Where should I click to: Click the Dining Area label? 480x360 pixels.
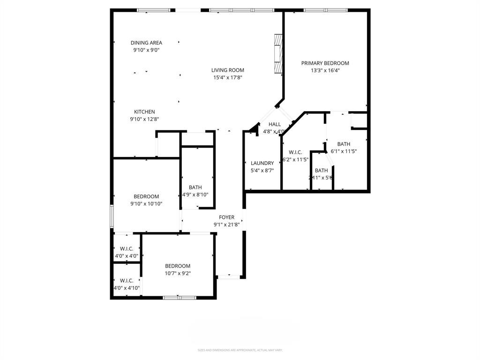tap(146, 43)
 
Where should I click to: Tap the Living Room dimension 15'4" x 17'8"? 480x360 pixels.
tap(227, 77)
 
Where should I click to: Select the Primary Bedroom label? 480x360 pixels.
tap(325, 63)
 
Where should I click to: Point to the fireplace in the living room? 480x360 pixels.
tap(278, 54)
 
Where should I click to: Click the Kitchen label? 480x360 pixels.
tap(144, 112)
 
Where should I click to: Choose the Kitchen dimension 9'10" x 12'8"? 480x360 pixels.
tap(144, 119)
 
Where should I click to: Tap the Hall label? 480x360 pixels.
tap(275, 124)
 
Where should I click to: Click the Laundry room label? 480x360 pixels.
tap(262, 163)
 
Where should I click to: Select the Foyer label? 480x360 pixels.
tap(227, 217)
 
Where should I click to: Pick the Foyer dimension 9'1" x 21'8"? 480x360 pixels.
tap(227, 225)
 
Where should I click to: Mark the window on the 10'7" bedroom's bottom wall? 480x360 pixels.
tap(180, 297)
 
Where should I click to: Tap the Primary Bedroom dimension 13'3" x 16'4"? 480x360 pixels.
tap(325, 70)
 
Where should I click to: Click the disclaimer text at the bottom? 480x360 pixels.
tap(240, 350)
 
